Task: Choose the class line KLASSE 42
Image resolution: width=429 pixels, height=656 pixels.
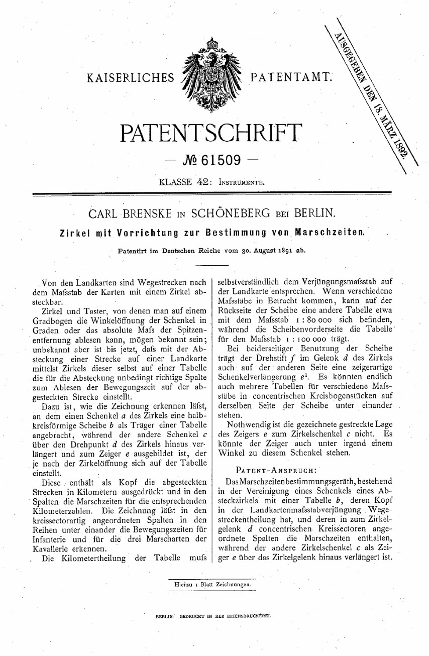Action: click(185, 181)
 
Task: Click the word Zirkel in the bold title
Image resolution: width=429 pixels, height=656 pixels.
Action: click(74, 233)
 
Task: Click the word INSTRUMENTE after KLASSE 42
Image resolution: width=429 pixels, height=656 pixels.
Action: click(241, 181)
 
